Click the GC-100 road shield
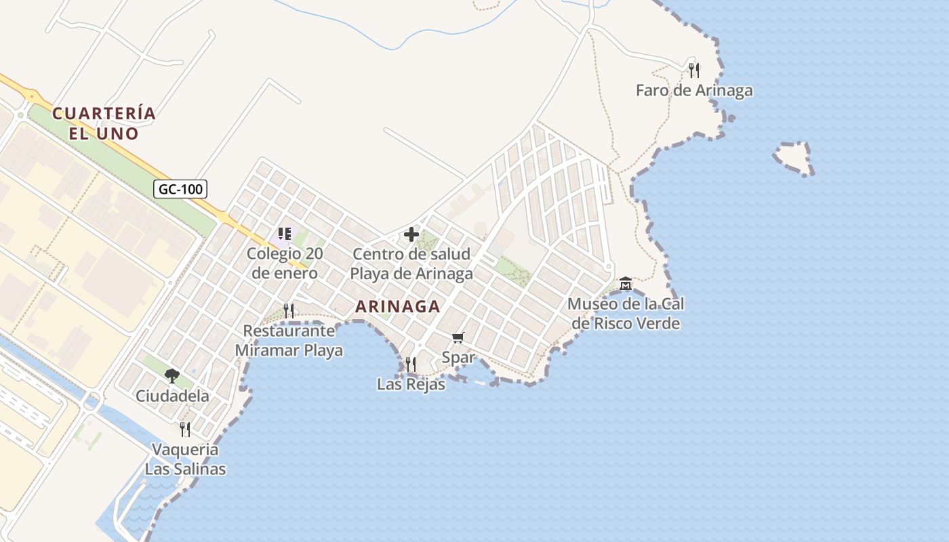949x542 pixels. tap(180, 189)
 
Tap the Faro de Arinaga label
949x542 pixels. tap(694, 90)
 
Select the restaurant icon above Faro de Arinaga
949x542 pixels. tap(694, 70)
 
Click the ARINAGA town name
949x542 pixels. tap(398, 306)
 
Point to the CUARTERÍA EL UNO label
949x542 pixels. tap(104, 123)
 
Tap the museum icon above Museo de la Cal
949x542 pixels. tap(625, 283)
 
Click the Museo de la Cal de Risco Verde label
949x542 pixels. tap(626, 314)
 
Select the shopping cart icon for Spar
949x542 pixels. tap(458, 337)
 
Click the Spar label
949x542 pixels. tap(458, 358)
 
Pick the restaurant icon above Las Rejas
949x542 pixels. tap(411, 364)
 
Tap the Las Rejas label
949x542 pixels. tap(411, 384)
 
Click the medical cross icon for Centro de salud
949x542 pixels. tap(411, 234)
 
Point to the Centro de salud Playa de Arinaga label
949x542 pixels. tap(411, 264)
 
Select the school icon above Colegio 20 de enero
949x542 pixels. tap(285, 234)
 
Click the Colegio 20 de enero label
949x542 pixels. tap(285, 264)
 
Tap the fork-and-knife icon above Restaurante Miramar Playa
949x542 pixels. tap(289, 310)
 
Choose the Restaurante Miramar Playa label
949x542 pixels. tap(289, 341)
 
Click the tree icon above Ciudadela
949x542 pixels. tap(172, 375)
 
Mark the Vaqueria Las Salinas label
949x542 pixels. tap(185, 459)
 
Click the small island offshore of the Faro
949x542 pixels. tap(792, 157)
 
